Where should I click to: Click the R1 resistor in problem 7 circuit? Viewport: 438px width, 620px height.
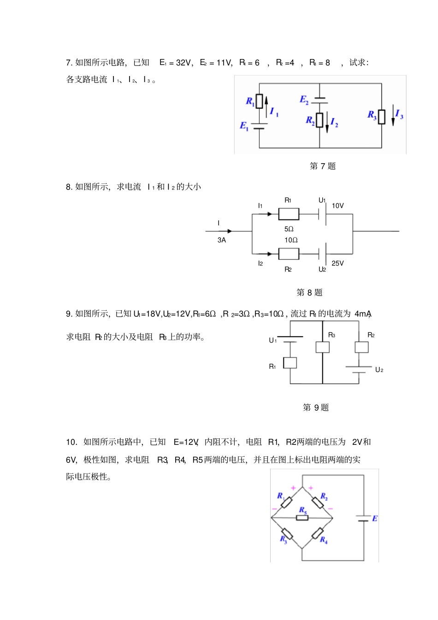coord(259,101)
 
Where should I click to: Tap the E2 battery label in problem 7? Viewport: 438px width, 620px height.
coord(304,100)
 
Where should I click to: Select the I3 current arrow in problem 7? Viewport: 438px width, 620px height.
coord(393,115)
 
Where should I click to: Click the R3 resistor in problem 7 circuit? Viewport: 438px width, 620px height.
coord(381,117)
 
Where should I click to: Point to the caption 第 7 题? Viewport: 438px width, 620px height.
coord(323,166)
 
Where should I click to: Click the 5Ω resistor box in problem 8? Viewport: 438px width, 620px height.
coord(289,214)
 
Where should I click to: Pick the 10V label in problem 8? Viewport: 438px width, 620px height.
coord(338,206)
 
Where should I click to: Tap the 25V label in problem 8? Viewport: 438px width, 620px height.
coord(338,263)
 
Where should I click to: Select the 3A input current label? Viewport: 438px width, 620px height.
coord(222,240)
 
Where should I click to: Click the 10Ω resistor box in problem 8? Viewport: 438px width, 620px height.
coord(289,254)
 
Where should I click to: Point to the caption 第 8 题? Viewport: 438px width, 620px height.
coord(309,292)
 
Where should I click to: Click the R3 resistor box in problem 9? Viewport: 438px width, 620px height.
coord(322,347)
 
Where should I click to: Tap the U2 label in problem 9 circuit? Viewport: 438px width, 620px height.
coord(379,370)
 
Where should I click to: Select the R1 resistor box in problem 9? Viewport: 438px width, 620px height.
coord(290,363)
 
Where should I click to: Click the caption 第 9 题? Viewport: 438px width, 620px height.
coord(316,407)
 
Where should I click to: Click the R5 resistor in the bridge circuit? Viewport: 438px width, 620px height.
coord(302,518)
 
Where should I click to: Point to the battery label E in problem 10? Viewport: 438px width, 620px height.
coord(375,519)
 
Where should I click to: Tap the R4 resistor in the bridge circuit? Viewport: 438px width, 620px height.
coord(318,533)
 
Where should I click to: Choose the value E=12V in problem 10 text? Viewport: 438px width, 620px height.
coord(186,442)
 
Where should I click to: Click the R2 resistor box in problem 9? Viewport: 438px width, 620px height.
coord(361,347)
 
